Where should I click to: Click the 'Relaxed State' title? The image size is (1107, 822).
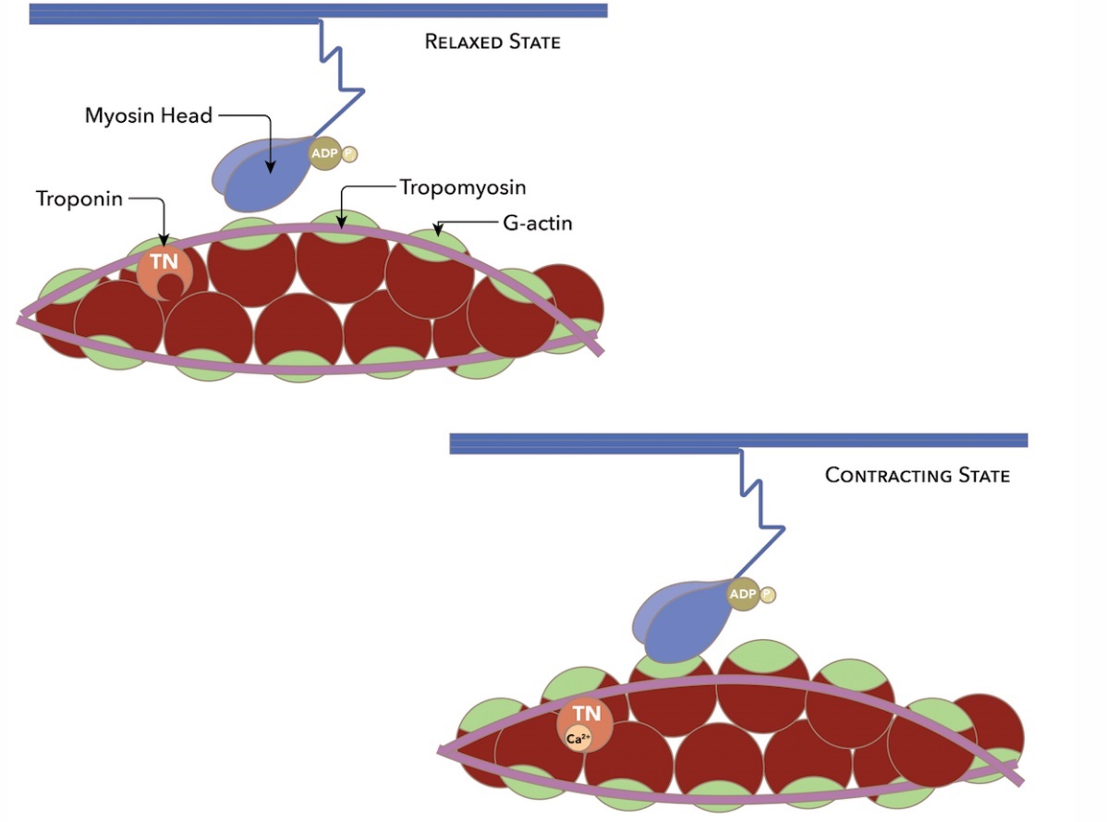click(492, 42)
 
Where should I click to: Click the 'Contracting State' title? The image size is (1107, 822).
click(917, 476)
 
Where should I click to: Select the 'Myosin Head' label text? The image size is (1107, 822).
click(149, 115)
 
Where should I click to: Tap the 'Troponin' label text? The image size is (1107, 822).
click(79, 199)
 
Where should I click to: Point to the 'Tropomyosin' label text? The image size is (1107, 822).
click(462, 187)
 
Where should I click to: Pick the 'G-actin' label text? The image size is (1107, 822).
click(539, 223)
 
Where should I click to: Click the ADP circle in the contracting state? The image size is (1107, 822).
click(743, 593)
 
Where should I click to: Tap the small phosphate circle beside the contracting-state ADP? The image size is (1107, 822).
click(766, 595)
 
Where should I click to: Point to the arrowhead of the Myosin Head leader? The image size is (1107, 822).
click(270, 169)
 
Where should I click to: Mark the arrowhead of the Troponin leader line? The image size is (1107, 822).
click(164, 244)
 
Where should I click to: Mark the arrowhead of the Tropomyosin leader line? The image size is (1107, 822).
click(342, 224)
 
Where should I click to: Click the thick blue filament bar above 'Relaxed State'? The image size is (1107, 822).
click(318, 10)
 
